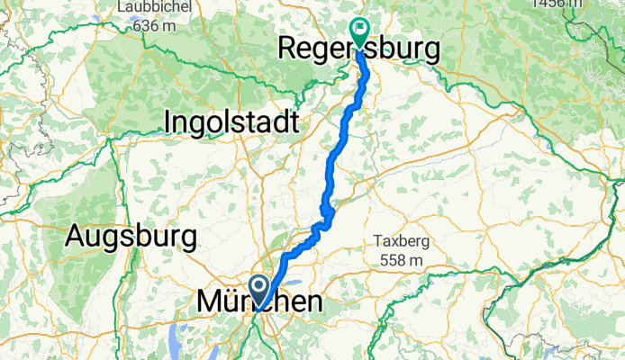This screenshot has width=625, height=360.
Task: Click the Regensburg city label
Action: tap(362, 50)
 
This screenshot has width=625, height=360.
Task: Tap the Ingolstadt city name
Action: tap(230, 121)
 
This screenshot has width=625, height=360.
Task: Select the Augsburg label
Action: tap(131, 238)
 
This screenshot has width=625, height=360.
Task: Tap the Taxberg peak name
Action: tap(401, 240)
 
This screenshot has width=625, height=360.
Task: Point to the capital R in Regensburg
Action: tap(292, 50)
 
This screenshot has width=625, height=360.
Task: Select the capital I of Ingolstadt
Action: tap(168, 121)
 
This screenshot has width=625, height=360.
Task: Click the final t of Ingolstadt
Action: tap(294, 122)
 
